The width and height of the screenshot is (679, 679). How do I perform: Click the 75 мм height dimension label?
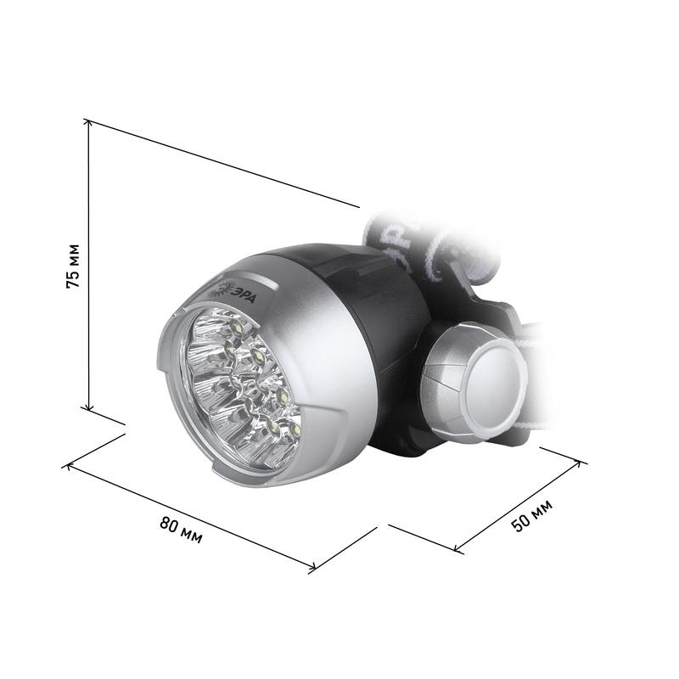pyautogui.click(x=73, y=267)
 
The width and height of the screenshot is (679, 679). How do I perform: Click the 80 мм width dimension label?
pyautogui.click(x=181, y=530)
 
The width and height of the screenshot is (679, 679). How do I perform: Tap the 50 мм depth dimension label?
pyautogui.click(x=532, y=515)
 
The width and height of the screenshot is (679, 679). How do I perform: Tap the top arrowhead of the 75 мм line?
pyautogui.click(x=89, y=123)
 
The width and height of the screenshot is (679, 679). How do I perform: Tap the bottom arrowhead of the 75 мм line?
pyautogui.click(x=89, y=406)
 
